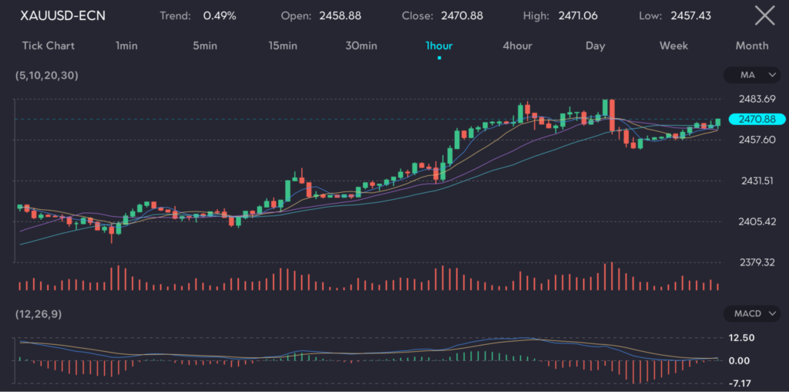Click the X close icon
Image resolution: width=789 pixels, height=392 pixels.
click(764, 15)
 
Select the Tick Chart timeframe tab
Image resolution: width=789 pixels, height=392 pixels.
click(49, 46)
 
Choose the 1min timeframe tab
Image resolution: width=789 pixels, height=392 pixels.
click(126, 46)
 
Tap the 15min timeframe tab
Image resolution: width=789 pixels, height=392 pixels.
click(283, 46)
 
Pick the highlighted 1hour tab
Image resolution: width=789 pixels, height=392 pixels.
click(439, 46)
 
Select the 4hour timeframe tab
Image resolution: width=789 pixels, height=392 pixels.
click(517, 46)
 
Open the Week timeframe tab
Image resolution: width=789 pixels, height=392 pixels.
click(673, 46)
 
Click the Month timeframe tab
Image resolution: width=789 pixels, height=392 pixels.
click(751, 46)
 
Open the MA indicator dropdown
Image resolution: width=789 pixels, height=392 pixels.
click(754, 75)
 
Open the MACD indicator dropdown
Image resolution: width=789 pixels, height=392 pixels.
click(754, 313)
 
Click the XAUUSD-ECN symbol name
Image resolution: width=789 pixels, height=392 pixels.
click(63, 15)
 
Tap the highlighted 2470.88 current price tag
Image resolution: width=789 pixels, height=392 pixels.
click(755, 119)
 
